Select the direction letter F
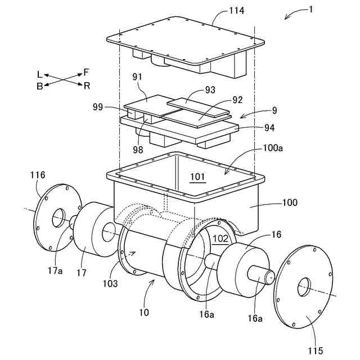point(86,71)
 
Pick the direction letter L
point(39,74)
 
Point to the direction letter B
point(39,86)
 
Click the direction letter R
point(87,85)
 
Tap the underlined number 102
point(220,238)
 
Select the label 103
point(110,283)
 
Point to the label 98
point(138,150)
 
